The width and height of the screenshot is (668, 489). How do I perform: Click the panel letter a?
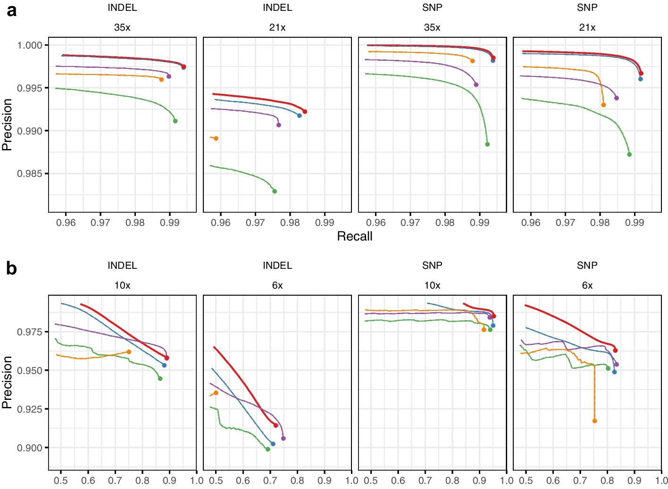[12, 12]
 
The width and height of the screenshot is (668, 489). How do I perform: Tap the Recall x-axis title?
[355, 236]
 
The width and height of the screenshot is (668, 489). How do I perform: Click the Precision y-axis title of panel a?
[7, 124]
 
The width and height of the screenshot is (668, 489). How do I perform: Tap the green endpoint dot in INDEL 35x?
[175, 121]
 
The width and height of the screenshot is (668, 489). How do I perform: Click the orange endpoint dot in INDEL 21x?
[216, 138]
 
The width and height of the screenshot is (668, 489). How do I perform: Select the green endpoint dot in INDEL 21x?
[275, 191]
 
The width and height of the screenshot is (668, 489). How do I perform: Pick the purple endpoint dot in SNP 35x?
[476, 85]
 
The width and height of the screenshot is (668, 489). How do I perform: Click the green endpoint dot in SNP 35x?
[488, 144]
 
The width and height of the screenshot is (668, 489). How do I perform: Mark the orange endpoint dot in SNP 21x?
[603, 105]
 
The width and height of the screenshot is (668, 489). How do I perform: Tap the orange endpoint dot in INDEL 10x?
[129, 352]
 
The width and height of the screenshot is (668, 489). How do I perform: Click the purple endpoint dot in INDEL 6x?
[284, 439]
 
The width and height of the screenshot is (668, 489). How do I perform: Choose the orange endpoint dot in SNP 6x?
[594, 421]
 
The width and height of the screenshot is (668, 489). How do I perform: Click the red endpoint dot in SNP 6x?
[615, 350]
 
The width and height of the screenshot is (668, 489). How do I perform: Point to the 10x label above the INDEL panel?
[122, 285]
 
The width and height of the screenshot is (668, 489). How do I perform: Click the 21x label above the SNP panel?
[587, 27]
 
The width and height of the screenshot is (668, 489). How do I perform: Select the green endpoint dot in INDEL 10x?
[160, 378]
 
